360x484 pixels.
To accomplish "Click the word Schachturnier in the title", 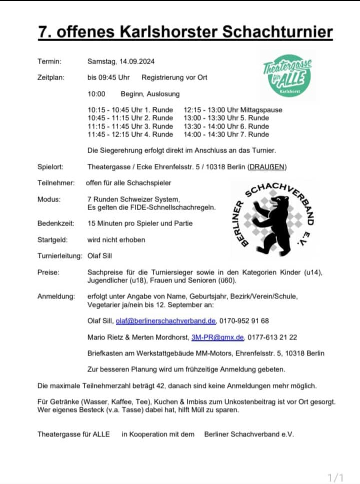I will [x=277, y=32].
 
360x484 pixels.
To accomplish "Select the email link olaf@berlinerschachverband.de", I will [x=166, y=321].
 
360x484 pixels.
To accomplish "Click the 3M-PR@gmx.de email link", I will [x=217, y=337].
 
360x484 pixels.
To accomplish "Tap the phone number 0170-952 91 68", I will [x=244, y=321].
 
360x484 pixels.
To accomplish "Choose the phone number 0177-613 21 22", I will [x=272, y=337].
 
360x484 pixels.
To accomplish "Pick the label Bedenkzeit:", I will [x=56, y=223].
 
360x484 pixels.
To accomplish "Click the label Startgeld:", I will [x=52, y=240].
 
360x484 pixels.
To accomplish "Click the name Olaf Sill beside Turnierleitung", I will [x=100, y=256].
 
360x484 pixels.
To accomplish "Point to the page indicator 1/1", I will [x=335, y=478].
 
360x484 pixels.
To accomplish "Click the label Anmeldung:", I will [x=56, y=296].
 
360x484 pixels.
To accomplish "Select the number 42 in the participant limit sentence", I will [x=160, y=386].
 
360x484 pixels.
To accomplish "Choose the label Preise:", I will [x=48, y=272].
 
